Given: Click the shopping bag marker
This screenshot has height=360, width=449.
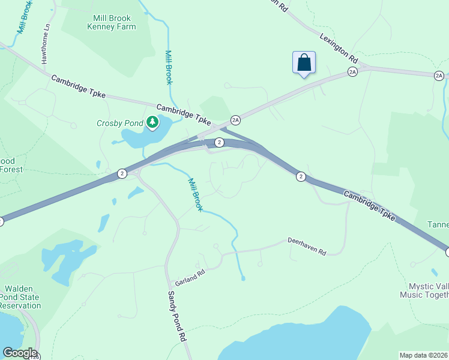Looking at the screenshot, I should click(x=304, y=63).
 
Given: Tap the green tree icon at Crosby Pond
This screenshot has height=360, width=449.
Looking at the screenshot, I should click(x=152, y=123).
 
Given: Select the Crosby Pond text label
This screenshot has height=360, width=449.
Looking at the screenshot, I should click(x=120, y=124).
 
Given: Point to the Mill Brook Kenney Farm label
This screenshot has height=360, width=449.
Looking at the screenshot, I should click(x=112, y=22).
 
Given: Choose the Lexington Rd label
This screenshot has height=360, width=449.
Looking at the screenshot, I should click(x=339, y=48).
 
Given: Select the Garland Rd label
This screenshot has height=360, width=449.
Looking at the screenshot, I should click(x=190, y=277).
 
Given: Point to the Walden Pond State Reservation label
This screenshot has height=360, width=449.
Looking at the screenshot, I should click(x=20, y=297).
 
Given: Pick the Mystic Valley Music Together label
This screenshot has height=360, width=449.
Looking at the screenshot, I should click(x=424, y=290).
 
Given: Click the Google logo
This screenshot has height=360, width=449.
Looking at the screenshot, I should click(x=19, y=353).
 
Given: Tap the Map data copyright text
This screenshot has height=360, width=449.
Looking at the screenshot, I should click(x=423, y=355).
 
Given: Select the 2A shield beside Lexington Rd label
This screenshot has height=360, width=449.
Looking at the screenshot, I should click(x=352, y=72).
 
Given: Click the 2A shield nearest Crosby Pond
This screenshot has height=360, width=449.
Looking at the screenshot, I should click(x=235, y=120).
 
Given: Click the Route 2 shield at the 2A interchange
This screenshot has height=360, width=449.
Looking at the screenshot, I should click(x=220, y=142).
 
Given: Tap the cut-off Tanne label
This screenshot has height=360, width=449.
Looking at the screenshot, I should click(x=438, y=224).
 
